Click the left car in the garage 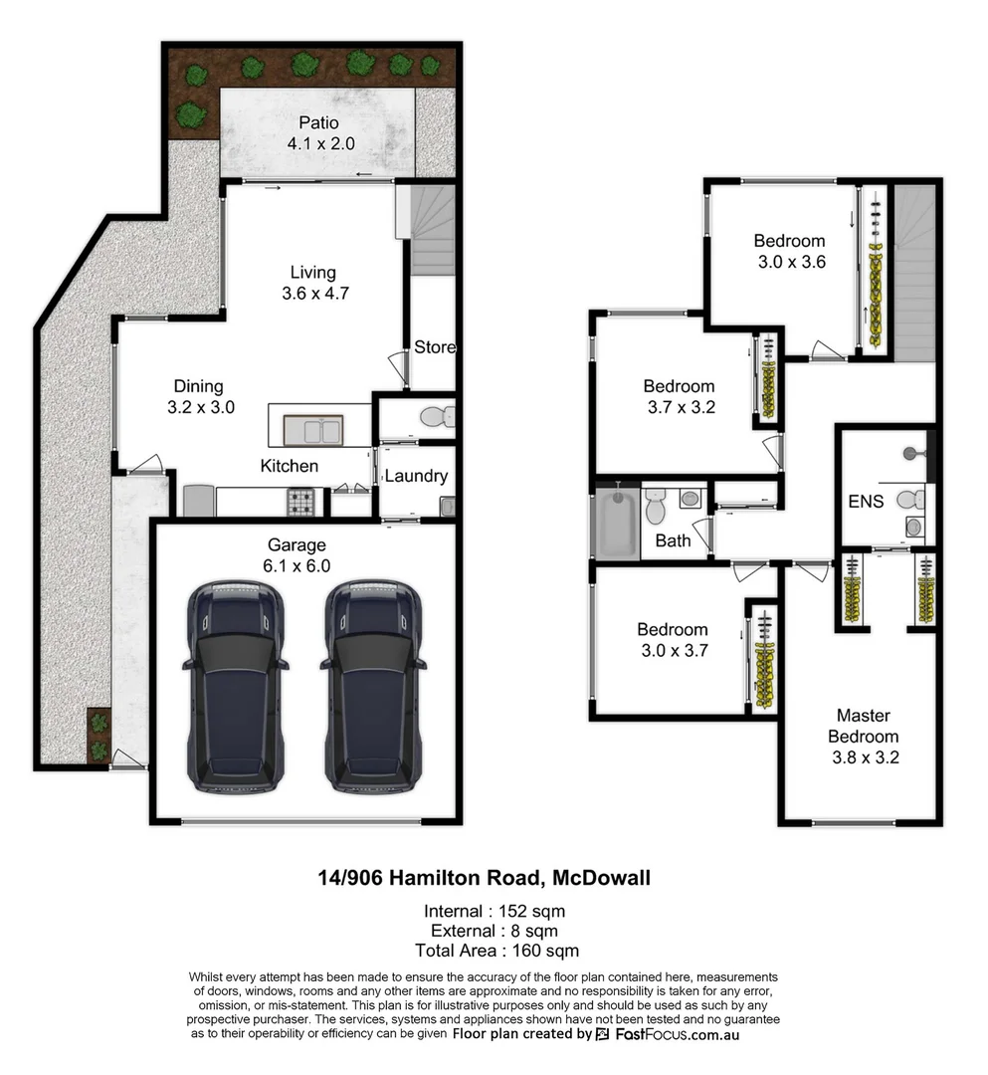(x=235, y=687)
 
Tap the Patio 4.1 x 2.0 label (x=319, y=133)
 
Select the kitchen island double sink (x=313, y=430)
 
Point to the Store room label (x=435, y=347)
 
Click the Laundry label (x=416, y=477)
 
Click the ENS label (x=866, y=502)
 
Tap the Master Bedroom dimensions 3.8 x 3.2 (x=867, y=756)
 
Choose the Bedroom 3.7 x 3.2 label (x=679, y=396)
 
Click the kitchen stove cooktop (x=300, y=502)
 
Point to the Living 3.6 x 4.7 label (x=313, y=283)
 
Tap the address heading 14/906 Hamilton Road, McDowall (x=485, y=878)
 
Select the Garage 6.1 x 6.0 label (x=296, y=555)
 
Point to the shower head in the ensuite (x=909, y=454)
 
